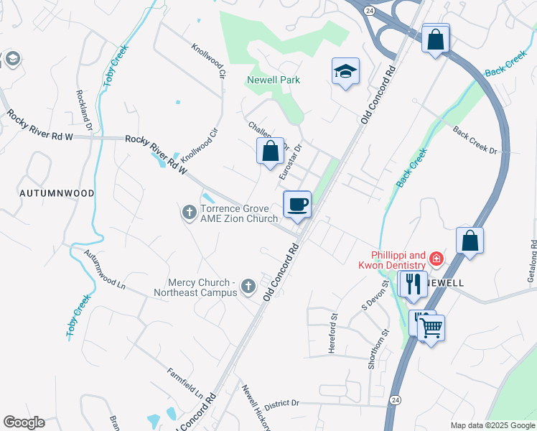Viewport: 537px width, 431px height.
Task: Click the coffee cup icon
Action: (297, 205)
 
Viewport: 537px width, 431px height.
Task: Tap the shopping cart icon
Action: (431, 329)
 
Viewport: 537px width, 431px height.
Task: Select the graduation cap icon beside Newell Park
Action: (346, 72)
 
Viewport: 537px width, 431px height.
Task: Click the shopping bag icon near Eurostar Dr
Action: (270, 152)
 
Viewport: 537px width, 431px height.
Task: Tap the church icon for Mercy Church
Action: (248, 287)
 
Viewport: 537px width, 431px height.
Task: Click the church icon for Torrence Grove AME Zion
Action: (189, 212)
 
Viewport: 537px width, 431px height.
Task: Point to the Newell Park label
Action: (274, 80)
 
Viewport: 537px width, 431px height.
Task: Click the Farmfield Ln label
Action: (185, 384)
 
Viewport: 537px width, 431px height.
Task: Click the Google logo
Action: (24, 422)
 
